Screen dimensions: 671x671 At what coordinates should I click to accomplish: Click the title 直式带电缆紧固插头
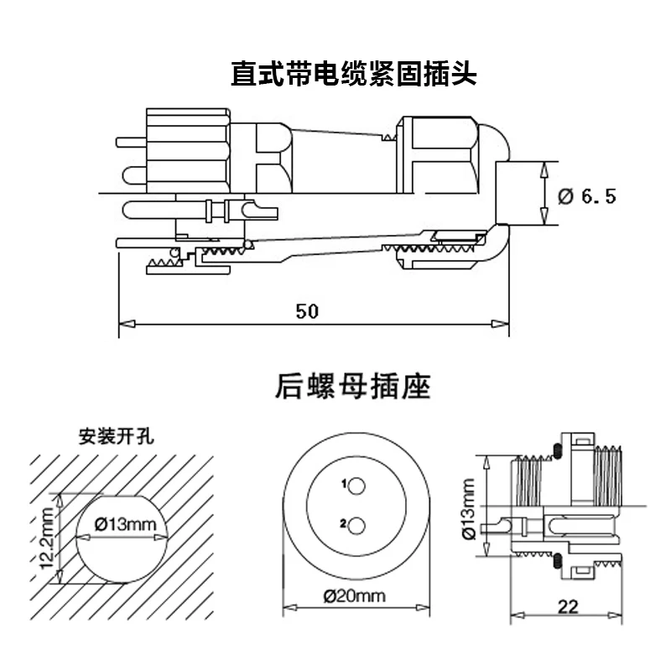point(353,75)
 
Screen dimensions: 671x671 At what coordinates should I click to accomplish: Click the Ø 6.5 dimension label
point(586,196)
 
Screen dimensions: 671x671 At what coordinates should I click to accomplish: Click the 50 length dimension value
point(307,310)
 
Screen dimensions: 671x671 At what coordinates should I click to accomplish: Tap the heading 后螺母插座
point(352,388)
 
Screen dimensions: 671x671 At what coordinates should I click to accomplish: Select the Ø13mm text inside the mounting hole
point(125,524)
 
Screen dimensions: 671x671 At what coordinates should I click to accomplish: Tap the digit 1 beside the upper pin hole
point(344,484)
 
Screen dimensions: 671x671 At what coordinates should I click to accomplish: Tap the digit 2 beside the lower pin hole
point(344,524)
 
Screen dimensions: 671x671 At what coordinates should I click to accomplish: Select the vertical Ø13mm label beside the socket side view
point(468,507)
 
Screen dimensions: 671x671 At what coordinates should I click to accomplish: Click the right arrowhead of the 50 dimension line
point(502,322)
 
